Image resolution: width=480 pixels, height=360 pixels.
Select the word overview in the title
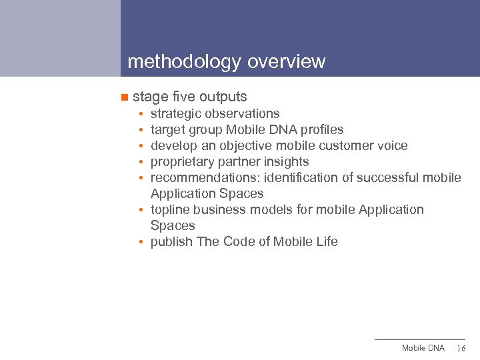point(286,62)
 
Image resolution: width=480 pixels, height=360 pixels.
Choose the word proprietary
point(183,162)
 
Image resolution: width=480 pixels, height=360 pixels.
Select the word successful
point(389,178)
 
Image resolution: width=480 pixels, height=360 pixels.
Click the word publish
point(172,242)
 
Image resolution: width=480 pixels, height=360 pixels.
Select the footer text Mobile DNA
point(423,349)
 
